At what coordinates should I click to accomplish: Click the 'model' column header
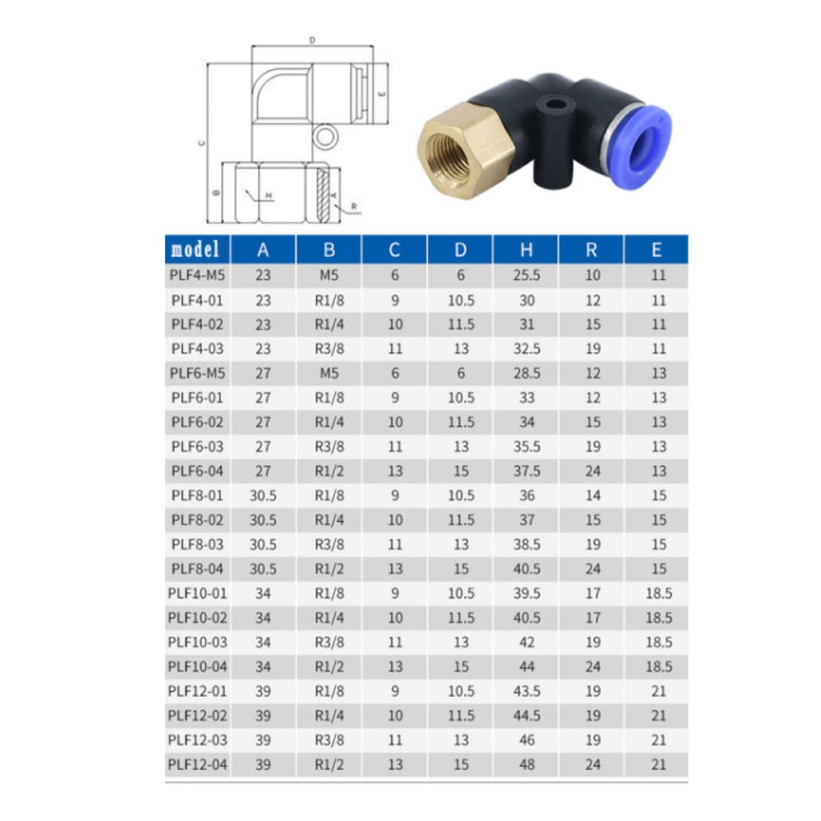(197, 249)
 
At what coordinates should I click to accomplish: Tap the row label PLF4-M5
(197, 276)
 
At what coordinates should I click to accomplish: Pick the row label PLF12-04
(197, 764)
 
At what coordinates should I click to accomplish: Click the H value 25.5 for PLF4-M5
(526, 276)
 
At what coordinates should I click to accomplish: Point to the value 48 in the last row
(526, 764)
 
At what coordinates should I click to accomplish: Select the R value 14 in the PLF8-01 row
(593, 496)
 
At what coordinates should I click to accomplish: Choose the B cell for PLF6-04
(328, 471)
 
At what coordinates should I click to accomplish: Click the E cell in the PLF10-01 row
(658, 594)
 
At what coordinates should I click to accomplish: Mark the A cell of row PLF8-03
(264, 544)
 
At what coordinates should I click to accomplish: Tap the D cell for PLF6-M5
(461, 374)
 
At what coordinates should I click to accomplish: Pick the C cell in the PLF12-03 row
(395, 741)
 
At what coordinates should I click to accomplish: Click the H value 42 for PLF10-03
(526, 642)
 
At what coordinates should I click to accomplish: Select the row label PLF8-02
(197, 520)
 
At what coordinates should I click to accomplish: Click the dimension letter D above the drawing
(312, 39)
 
